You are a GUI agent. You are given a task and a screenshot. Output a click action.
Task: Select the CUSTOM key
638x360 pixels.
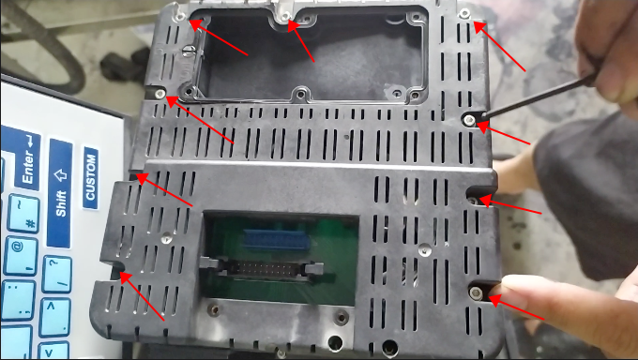91,177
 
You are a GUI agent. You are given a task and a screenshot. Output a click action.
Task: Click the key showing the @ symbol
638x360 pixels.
20,255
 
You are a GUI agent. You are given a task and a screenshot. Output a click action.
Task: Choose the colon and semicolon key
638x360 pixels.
18,300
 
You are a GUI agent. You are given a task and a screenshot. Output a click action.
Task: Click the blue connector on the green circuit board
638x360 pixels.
276,240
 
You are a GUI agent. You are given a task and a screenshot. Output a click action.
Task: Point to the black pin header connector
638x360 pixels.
262,268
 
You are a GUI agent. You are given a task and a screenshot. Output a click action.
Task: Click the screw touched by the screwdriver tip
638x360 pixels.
469,119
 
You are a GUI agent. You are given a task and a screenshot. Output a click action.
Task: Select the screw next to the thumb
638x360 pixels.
476,292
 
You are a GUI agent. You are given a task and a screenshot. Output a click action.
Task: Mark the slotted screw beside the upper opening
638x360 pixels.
187,50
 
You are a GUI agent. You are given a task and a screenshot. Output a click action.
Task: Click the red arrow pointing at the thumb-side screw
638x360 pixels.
516,307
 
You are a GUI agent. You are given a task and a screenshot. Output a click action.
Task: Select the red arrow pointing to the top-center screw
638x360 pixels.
300,40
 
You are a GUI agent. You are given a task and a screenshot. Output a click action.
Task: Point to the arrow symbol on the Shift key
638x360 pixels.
60,175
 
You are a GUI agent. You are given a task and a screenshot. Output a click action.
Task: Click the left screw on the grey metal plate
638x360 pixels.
214,310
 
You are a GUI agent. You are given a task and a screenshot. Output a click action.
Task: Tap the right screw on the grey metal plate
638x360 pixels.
341,317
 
